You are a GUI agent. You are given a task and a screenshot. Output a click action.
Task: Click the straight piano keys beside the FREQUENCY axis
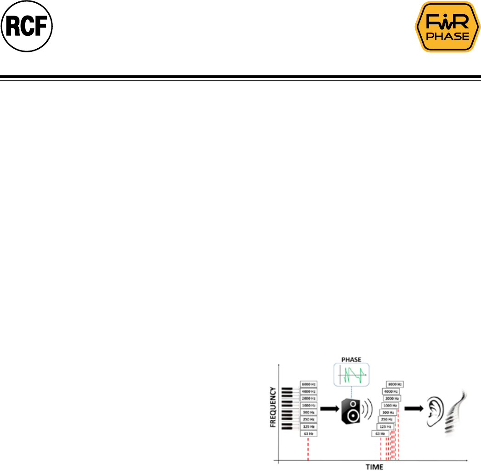coord(287,409)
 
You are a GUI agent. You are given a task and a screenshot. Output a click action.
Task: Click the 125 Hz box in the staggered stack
coord(385,427)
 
